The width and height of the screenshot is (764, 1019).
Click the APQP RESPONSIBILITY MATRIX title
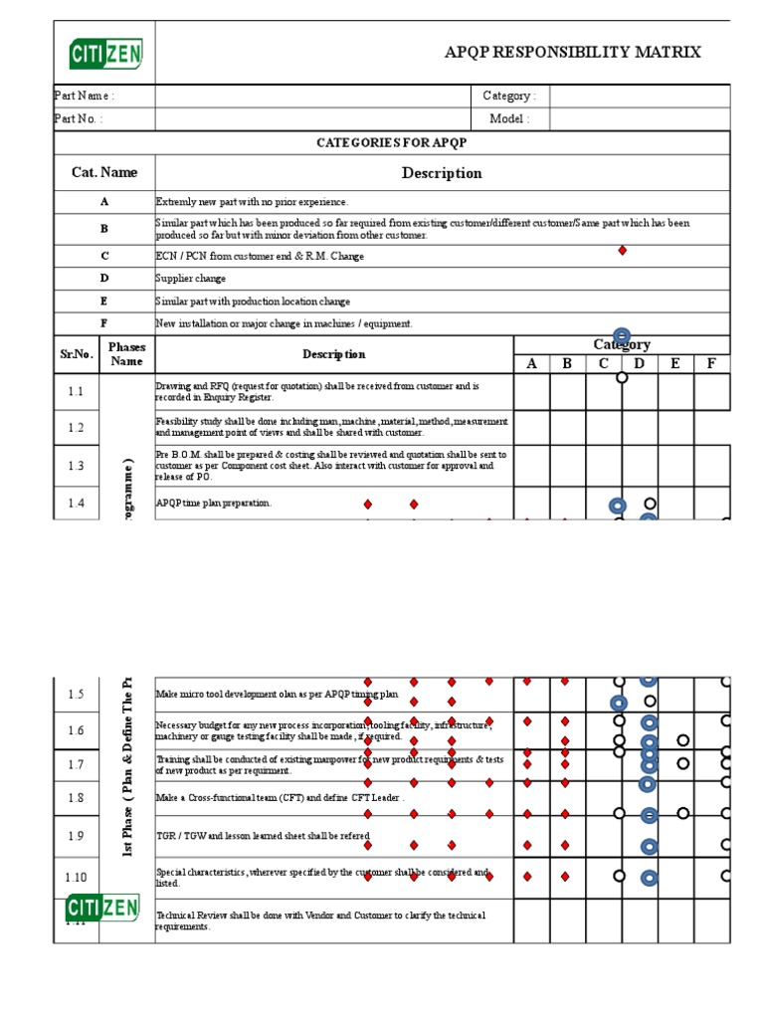572,53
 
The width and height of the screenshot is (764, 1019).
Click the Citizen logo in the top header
105,53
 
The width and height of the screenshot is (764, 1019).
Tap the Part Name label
84,97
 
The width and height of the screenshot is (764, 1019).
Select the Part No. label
78,119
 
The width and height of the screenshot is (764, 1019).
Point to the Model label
509,119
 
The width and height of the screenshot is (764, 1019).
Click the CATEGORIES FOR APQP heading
391,142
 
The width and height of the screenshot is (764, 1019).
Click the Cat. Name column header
104,172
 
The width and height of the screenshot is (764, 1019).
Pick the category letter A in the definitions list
104,201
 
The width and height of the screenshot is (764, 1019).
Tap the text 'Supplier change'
191,279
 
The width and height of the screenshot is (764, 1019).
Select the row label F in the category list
104,323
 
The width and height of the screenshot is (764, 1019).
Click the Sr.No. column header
76,354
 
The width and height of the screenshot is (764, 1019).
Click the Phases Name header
127,354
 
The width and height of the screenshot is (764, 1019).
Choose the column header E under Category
675,364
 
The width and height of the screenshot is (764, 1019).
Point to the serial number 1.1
77,392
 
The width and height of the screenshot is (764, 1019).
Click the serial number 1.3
77,466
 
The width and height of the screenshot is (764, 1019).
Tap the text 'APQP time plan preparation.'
214,504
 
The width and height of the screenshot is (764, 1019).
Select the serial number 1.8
77,797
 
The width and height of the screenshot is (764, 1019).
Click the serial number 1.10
77,877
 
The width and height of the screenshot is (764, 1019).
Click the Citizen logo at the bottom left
104,908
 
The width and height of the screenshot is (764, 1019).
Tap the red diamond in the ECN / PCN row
623,251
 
